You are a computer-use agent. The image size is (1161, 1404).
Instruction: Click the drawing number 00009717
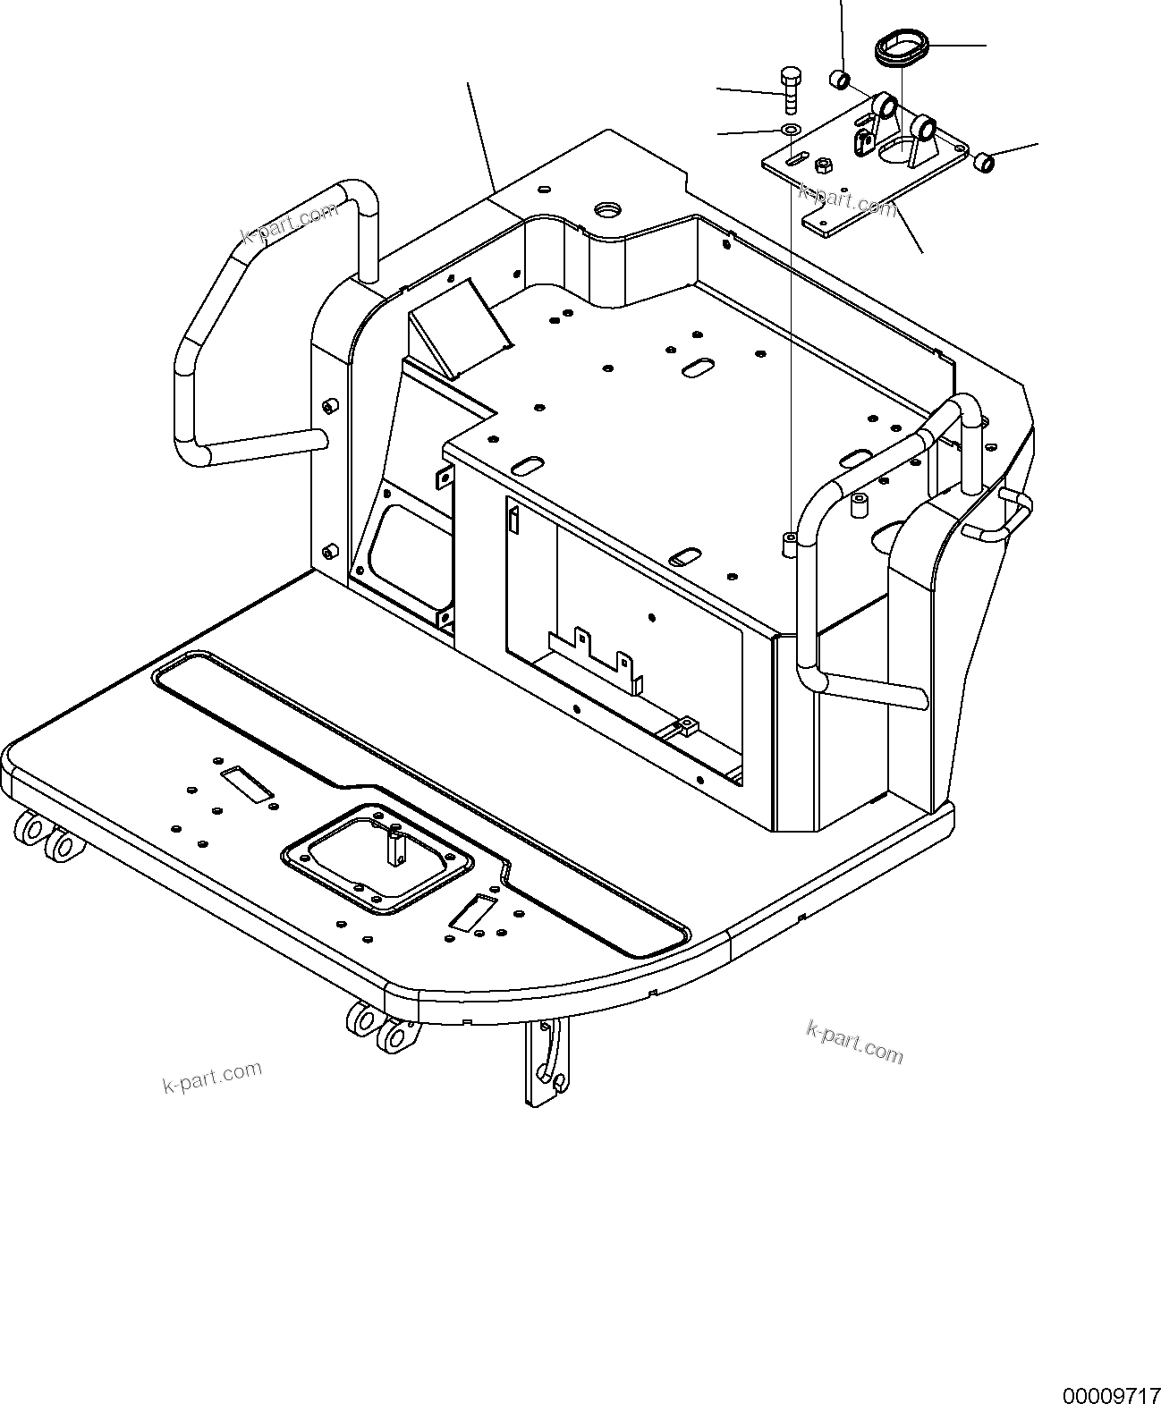(x=1109, y=1394)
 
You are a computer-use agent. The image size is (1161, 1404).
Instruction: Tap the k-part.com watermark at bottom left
(x=212, y=1077)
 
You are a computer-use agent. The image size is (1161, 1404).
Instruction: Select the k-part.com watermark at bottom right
(x=854, y=1042)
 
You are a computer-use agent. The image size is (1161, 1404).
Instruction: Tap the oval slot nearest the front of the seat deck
(x=686, y=557)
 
